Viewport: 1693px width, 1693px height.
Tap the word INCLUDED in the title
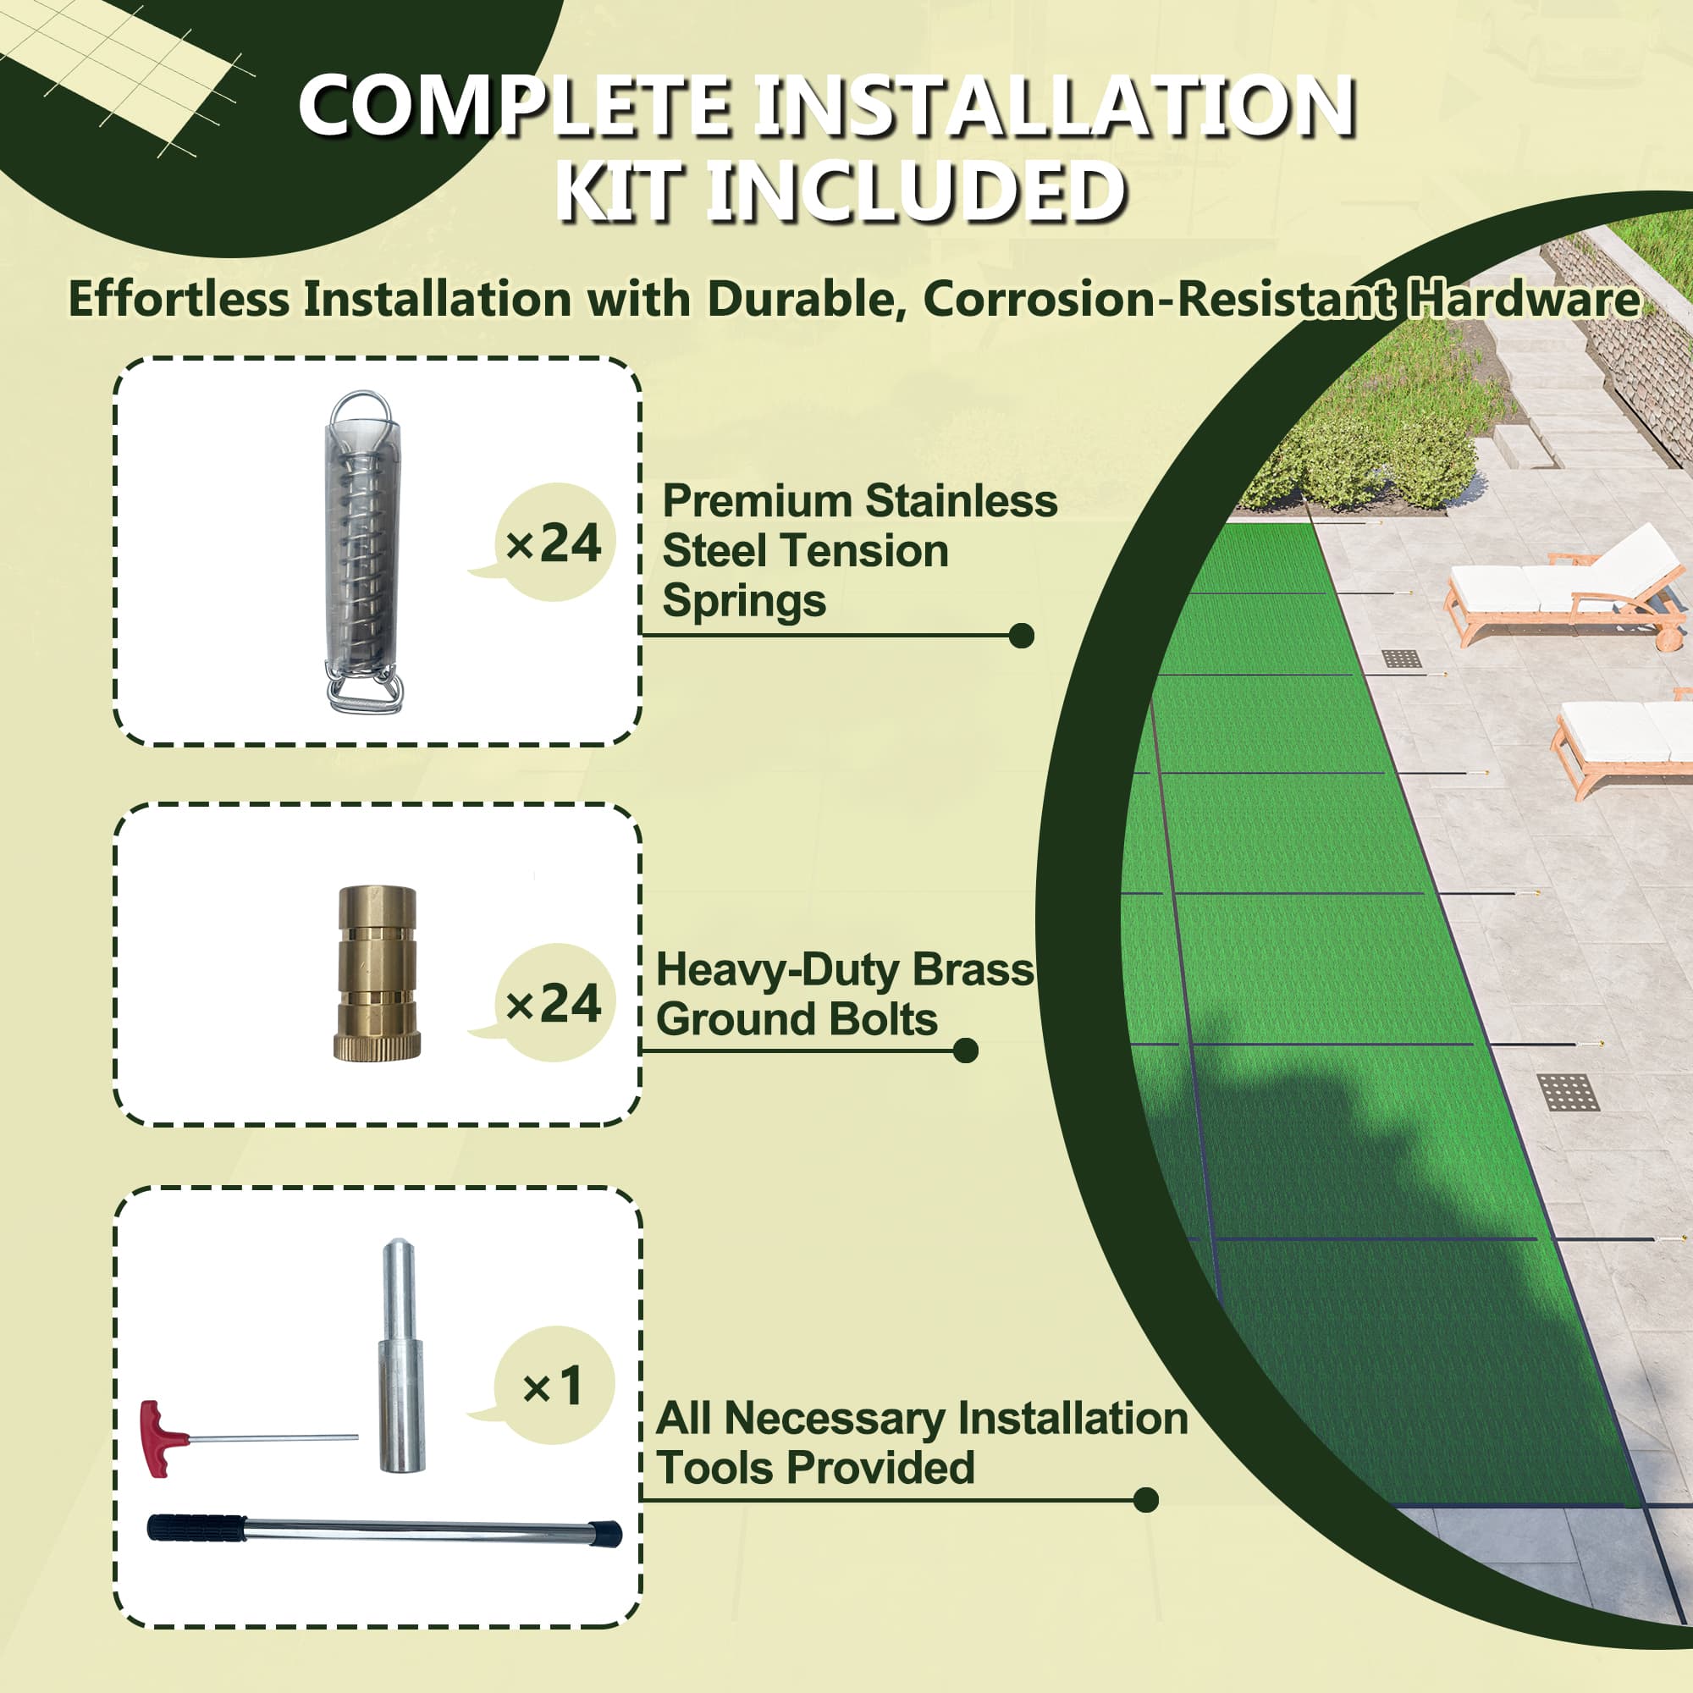tap(914, 190)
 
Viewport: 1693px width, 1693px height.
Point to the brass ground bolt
tap(377, 973)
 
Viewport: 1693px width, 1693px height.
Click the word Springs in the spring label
tap(744, 602)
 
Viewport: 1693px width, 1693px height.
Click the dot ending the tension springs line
tap(1022, 637)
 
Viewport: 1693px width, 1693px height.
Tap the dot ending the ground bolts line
tap(966, 1051)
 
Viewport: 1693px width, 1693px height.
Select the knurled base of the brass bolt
tap(377, 1046)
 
